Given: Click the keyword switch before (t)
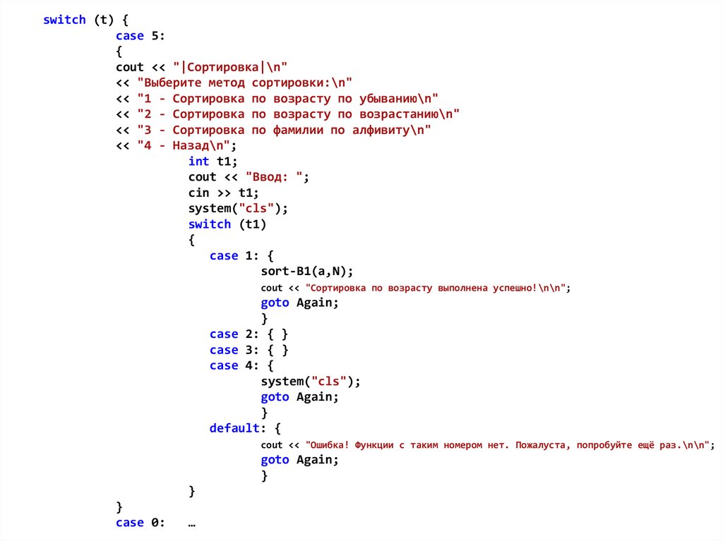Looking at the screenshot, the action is point(64,20).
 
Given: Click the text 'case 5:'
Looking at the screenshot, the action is point(141,35).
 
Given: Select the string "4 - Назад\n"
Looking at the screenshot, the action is point(184,146).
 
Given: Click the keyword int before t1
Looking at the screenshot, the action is point(198,162).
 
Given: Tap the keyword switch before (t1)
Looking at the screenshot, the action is point(210,224).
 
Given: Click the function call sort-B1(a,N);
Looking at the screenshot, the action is point(306,272).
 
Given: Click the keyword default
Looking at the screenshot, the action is point(234,428).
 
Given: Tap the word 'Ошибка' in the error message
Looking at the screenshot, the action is point(328,445).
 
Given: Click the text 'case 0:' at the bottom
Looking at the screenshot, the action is point(141,523).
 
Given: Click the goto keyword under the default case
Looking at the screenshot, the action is point(275,460).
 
